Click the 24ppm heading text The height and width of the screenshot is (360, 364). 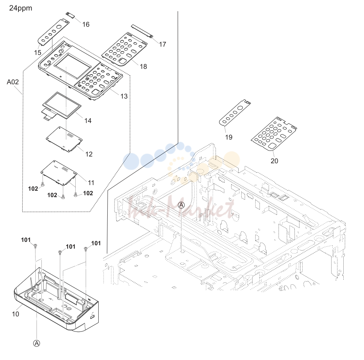pyautogui.click(x=21, y=8)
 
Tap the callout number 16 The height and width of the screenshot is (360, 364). pyautogui.click(x=86, y=24)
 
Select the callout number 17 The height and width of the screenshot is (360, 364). pyautogui.click(x=163, y=44)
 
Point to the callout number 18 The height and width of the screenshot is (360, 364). pyautogui.click(x=143, y=67)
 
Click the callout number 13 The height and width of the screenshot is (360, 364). pyautogui.click(x=124, y=96)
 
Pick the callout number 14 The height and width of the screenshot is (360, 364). pyautogui.click(x=88, y=121)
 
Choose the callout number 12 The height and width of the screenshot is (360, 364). pyautogui.click(x=89, y=154)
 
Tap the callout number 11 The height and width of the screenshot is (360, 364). pyautogui.click(x=91, y=183)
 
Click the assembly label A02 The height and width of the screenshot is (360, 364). pyautogui.click(x=12, y=82)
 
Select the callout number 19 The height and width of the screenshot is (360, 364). pyautogui.click(x=228, y=137)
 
